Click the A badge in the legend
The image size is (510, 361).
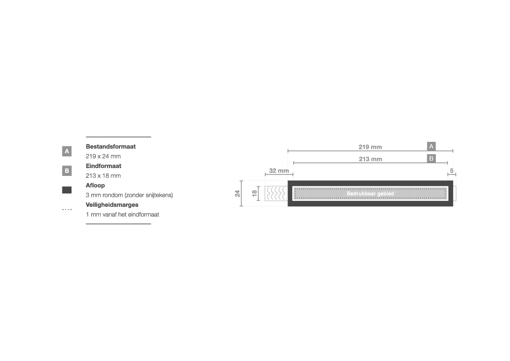click(x=67, y=151)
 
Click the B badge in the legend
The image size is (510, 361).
click(x=67, y=171)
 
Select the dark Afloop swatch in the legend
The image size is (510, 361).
click(x=67, y=190)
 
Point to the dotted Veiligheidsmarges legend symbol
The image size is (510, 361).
click(x=67, y=210)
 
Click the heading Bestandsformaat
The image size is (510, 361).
click(x=110, y=147)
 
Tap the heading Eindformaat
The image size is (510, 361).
click(x=103, y=166)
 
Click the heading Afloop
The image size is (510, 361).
click(x=95, y=185)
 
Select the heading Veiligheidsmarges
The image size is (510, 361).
click(x=112, y=205)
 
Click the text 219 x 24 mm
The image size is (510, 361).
click(x=103, y=156)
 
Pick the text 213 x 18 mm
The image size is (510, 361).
click(x=103, y=176)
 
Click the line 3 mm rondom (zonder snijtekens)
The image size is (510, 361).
click(x=130, y=195)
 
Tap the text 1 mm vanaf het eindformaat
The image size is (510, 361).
click(x=122, y=214)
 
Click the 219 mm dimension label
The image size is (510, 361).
click(x=370, y=147)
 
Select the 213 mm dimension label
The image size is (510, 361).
click(x=370, y=159)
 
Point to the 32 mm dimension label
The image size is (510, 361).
click(x=279, y=171)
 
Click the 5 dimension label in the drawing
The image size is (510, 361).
click(x=452, y=171)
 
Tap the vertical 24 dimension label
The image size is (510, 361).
click(x=237, y=194)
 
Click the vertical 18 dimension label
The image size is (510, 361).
click(x=254, y=194)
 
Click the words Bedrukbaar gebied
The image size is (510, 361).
click(x=370, y=194)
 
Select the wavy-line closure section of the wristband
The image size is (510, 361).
click(x=276, y=193)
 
